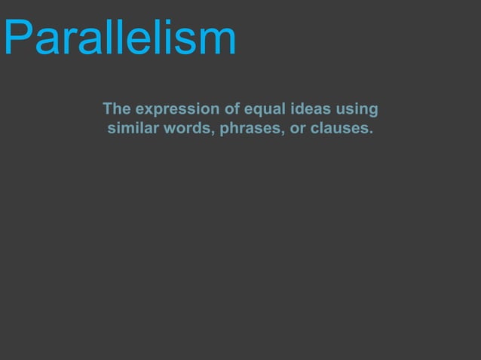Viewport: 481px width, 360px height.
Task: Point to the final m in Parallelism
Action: tap(217, 41)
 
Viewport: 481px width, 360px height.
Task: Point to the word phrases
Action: tap(250, 130)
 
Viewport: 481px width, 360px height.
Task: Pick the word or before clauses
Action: tap(298, 130)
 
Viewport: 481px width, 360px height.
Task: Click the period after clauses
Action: tap(371, 133)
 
